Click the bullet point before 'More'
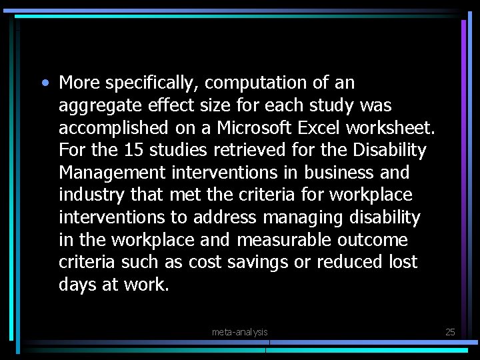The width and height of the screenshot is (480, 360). click(x=44, y=83)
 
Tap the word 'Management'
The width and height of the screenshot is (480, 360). click(x=113, y=173)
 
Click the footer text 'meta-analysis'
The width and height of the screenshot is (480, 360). click(x=239, y=331)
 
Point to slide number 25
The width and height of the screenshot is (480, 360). click(x=449, y=331)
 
